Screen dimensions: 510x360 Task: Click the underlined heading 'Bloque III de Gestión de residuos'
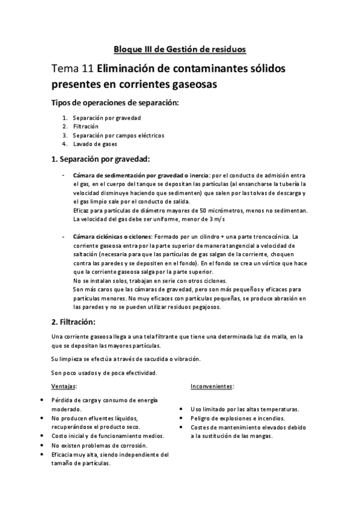click(180, 49)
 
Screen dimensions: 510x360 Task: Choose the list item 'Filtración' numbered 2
click(86, 126)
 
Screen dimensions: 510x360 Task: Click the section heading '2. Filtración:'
click(78, 322)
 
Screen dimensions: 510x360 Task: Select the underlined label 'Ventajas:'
click(64, 386)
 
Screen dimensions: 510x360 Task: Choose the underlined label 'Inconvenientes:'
click(212, 386)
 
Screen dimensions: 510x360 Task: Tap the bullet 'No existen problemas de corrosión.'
click(99, 445)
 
